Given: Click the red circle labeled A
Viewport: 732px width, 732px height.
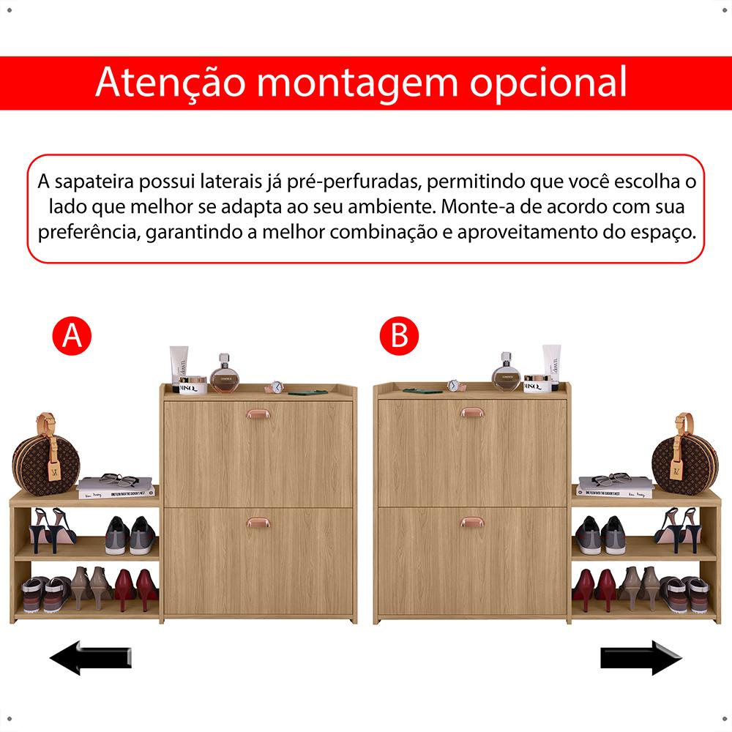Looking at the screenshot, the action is tap(72, 336).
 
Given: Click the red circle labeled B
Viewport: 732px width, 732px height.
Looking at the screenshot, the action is tap(399, 336).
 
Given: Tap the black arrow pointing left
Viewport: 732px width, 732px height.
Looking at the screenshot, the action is tap(91, 658).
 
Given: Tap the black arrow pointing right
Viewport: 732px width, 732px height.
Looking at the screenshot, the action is tap(641, 658).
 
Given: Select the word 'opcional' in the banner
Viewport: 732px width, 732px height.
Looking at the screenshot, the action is tap(548, 82).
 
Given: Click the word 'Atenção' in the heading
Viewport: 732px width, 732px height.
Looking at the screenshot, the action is tap(171, 82).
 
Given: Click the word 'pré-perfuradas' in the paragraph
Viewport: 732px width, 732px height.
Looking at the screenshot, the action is tap(354, 182).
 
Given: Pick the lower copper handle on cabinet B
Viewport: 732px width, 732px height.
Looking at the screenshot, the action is tap(472, 522).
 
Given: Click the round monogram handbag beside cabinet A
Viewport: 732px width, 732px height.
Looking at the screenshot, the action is tap(45, 455).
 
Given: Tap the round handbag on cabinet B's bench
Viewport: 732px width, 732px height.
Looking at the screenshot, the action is tap(685, 455).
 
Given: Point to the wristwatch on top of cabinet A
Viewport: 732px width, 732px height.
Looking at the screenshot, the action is tap(275, 387).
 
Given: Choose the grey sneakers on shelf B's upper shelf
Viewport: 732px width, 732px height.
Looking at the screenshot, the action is tap(600, 535).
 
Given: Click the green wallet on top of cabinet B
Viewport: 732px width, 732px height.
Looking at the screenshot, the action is tap(422, 390).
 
